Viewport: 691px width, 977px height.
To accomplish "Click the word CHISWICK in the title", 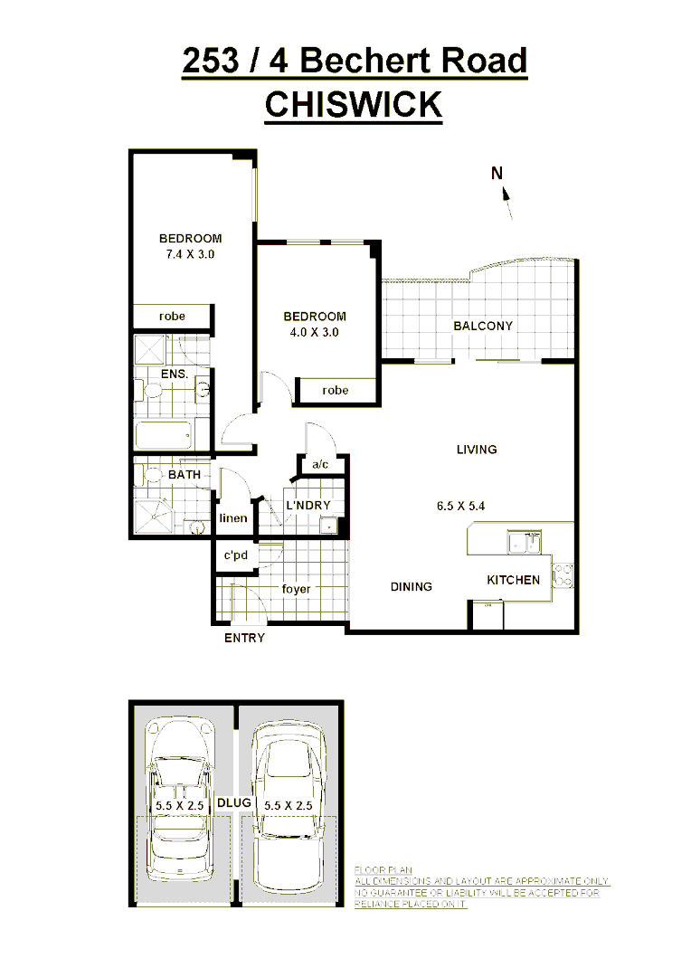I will (x=353, y=104).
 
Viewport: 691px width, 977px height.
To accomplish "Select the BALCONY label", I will (x=483, y=326).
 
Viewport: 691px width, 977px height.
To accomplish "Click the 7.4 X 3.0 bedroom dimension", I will (x=190, y=254).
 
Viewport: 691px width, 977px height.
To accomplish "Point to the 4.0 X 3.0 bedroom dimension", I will (x=315, y=332).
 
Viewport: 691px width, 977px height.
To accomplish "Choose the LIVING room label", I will (x=477, y=450).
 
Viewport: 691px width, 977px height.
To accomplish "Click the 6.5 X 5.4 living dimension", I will (x=460, y=506).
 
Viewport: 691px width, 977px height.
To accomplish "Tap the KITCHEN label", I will (x=514, y=580).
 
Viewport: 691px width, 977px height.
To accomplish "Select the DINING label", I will (x=412, y=586).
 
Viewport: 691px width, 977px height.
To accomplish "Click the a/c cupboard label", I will (x=319, y=465).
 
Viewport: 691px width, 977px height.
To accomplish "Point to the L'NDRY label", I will (x=308, y=505).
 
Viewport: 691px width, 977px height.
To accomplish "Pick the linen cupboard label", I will (x=233, y=518).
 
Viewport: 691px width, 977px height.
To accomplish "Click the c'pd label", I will (x=236, y=555).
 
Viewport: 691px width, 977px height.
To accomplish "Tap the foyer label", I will (x=296, y=589).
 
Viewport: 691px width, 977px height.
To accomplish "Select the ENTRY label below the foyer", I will (x=244, y=638).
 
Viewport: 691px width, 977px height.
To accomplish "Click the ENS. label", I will (x=174, y=374).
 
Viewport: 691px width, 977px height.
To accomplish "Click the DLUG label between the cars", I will (x=234, y=802).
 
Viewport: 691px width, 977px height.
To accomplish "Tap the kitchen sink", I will (x=522, y=543).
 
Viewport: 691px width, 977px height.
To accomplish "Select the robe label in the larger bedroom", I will (x=172, y=317).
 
